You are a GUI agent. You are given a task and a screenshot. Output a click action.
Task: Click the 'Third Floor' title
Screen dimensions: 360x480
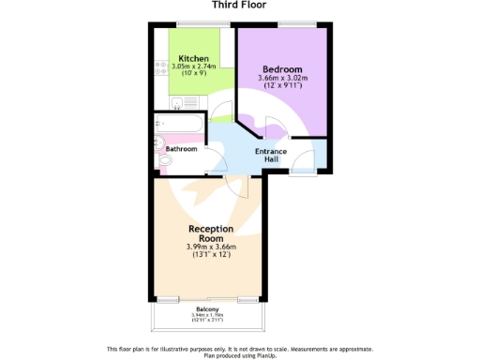coord(240,5)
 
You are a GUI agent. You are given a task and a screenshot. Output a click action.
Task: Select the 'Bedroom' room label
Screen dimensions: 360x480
coord(282,69)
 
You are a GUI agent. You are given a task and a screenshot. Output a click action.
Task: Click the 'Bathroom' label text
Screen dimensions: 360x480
coord(182,149)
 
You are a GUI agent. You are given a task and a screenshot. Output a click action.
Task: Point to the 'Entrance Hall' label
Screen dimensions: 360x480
coord(272,155)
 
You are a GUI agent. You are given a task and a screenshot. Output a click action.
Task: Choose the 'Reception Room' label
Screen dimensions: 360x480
coord(211,232)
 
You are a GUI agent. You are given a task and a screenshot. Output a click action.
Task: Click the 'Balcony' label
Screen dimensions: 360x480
coord(208,308)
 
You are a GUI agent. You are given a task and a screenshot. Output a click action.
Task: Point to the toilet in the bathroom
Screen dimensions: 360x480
coord(163,163)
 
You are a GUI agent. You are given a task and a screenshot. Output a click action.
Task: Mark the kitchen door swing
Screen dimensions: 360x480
coord(222,111)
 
